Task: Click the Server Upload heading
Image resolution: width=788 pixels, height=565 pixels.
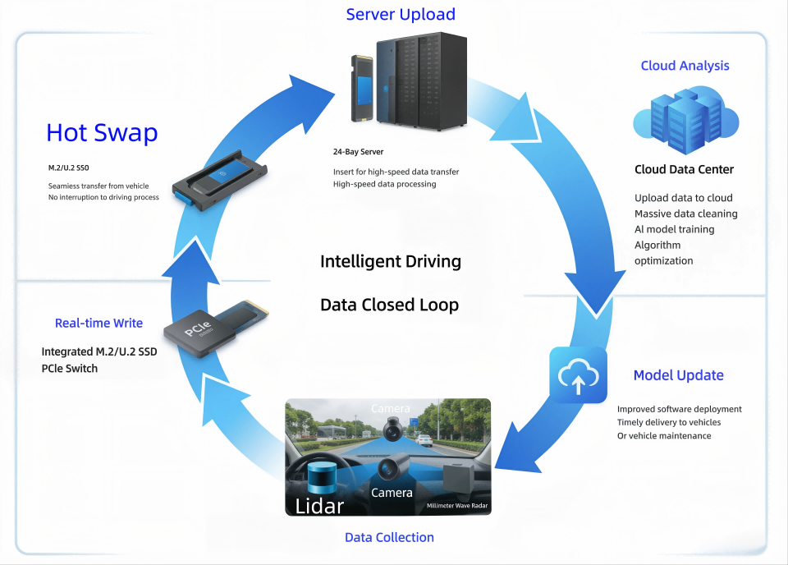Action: [x=401, y=14]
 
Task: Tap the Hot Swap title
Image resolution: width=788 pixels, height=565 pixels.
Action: [x=102, y=132]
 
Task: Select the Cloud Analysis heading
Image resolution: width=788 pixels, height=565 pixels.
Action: [x=685, y=66]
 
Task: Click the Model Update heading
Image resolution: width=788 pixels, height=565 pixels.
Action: [x=678, y=375]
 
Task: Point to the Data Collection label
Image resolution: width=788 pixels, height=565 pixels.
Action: [x=389, y=537]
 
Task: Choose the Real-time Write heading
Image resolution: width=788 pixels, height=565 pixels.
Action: [x=98, y=323]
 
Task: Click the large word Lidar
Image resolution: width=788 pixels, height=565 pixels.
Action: [x=320, y=505]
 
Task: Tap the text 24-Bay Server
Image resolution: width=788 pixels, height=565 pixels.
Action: [x=358, y=152]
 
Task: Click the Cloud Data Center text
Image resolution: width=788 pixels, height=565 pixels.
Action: [x=684, y=169]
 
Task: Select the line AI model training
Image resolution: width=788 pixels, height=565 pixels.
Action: [x=674, y=229]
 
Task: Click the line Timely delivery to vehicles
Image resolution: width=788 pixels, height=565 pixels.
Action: [x=669, y=422]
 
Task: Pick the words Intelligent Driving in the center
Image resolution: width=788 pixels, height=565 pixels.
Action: [x=390, y=261]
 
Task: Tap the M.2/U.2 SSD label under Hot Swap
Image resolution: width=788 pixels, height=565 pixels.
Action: [x=69, y=168]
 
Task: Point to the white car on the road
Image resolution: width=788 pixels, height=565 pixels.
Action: [x=424, y=439]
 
